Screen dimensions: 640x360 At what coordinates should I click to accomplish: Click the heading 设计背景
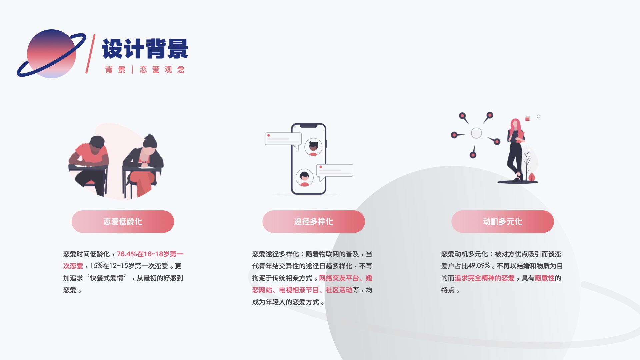[145, 49]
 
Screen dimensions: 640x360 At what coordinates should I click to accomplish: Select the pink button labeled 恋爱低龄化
[123, 222]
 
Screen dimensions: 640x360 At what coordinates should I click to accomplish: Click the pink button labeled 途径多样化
[313, 222]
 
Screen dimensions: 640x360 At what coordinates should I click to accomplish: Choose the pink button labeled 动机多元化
[502, 222]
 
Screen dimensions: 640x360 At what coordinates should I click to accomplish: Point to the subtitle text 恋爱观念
[162, 70]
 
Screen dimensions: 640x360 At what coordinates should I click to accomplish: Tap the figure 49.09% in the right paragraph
[479, 266]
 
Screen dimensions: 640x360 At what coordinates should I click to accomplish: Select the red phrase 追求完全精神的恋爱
[484, 278]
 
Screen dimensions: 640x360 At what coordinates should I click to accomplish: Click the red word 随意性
[544, 278]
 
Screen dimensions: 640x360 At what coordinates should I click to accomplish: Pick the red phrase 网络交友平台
[339, 278]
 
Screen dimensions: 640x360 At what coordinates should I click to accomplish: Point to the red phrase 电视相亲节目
[299, 290]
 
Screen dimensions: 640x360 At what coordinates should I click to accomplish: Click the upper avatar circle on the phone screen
[313, 147]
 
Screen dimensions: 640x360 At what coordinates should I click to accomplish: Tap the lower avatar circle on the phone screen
[304, 177]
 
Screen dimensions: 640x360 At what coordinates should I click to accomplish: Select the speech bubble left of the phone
[283, 139]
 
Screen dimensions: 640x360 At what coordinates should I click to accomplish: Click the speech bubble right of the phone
[335, 170]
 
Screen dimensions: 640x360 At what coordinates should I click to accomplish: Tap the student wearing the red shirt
[90, 160]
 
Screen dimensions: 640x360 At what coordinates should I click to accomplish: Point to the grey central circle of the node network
[476, 133]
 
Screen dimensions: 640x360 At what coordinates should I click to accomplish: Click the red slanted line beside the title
[90, 54]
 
